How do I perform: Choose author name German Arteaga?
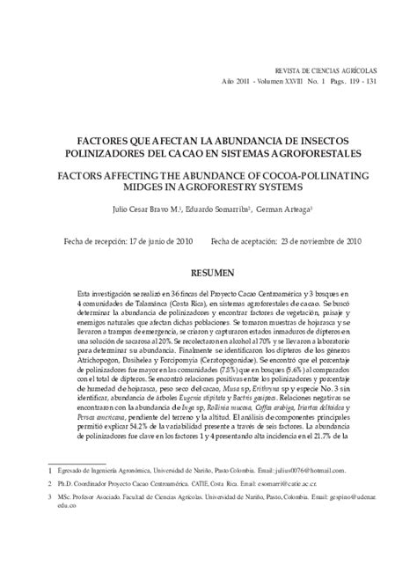(x=284, y=209)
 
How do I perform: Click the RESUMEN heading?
(x=208, y=274)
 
